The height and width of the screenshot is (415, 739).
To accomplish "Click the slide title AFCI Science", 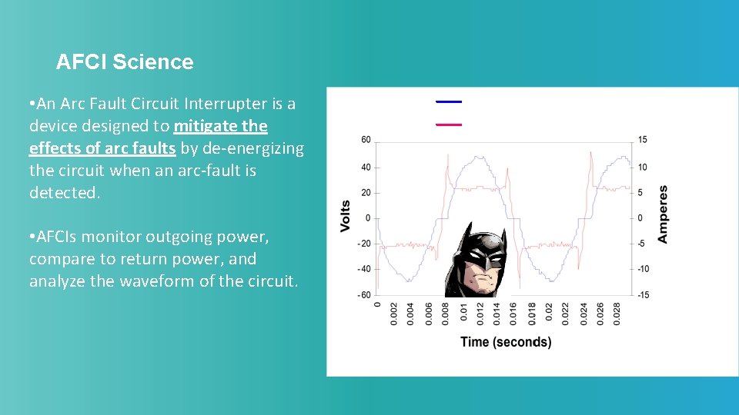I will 125,62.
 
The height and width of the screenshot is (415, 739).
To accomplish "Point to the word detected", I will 65,193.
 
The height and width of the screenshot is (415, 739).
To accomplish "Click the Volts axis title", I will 346,217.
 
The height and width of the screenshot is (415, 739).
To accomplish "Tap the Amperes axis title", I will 663,214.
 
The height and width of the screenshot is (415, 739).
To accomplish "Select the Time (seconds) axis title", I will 506,342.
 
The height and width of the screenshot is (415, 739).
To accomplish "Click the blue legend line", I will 448,101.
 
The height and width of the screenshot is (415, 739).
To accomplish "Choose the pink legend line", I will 448,124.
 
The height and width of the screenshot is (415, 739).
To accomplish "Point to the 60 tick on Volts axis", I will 366,140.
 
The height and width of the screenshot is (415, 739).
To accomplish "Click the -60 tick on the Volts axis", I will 363,295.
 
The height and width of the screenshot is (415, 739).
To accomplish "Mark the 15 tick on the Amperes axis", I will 642,140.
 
